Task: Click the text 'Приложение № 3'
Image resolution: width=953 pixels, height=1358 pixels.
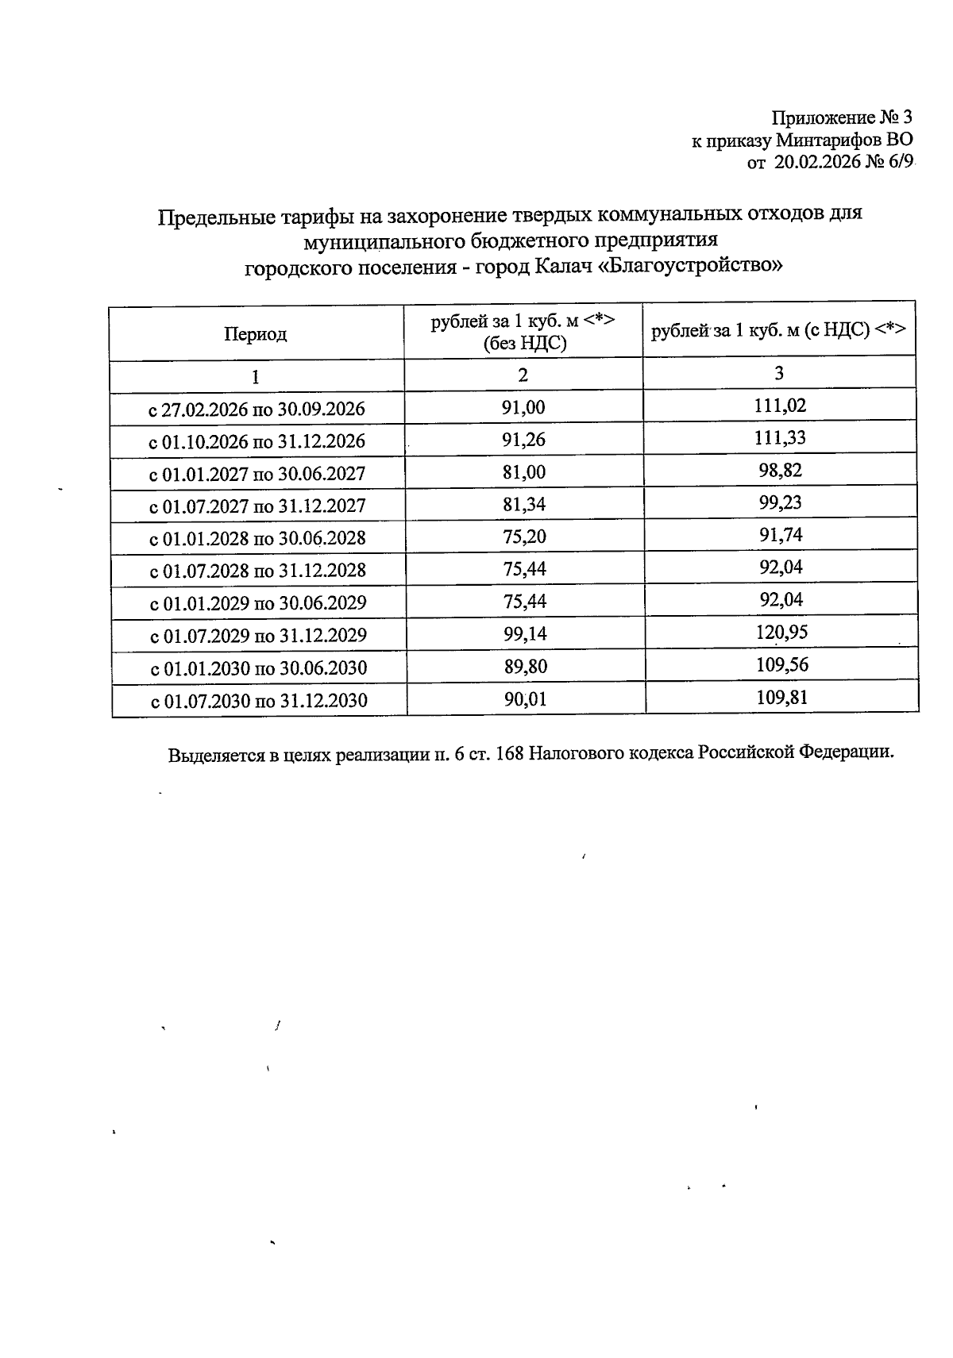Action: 841,118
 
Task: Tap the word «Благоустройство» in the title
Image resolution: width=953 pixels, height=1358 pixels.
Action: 689,266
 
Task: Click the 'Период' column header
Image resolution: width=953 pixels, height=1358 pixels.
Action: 255,334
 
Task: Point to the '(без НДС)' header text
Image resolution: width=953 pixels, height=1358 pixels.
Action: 525,344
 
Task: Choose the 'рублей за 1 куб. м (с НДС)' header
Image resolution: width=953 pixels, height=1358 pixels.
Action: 777,331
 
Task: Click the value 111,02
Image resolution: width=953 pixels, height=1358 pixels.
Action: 780,406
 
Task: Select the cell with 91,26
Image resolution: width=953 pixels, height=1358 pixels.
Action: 524,440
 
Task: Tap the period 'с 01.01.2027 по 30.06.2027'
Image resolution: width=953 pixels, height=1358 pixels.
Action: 257,474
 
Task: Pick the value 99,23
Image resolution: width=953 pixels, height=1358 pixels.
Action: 780,503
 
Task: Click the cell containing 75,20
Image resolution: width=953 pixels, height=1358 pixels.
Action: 524,537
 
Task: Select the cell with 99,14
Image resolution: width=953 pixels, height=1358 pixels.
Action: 525,634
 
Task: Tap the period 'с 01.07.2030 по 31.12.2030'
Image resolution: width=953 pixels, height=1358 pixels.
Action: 259,701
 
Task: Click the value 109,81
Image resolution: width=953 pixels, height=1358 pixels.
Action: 781,698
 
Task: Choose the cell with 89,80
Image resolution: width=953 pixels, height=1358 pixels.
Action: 525,667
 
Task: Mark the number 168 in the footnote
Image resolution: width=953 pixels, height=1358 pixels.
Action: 508,753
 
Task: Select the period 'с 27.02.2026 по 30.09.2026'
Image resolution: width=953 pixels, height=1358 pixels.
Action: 257,410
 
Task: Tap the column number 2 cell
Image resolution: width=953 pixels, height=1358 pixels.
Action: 523,375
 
